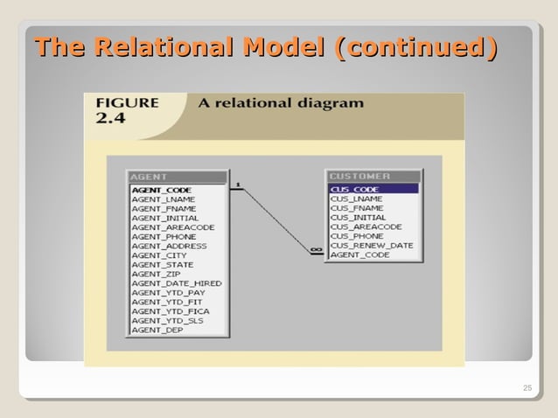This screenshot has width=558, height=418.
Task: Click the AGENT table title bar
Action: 178,177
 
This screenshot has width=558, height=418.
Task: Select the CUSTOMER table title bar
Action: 373,177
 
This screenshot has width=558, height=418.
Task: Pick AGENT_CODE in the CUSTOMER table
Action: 359,255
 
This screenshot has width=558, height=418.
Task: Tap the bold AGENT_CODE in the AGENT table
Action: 161,190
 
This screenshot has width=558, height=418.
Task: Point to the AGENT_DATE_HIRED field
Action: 177,283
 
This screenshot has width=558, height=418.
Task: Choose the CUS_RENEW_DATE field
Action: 371,246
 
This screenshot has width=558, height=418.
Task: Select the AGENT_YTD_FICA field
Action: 171,311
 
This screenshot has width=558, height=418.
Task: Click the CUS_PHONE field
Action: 356,236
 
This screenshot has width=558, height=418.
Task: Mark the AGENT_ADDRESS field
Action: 169,246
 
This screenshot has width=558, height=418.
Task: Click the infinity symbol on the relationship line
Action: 316,251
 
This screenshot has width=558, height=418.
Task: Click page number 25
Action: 526,388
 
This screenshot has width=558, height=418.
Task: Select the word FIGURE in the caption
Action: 128,103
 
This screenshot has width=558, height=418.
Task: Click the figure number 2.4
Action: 110,118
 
